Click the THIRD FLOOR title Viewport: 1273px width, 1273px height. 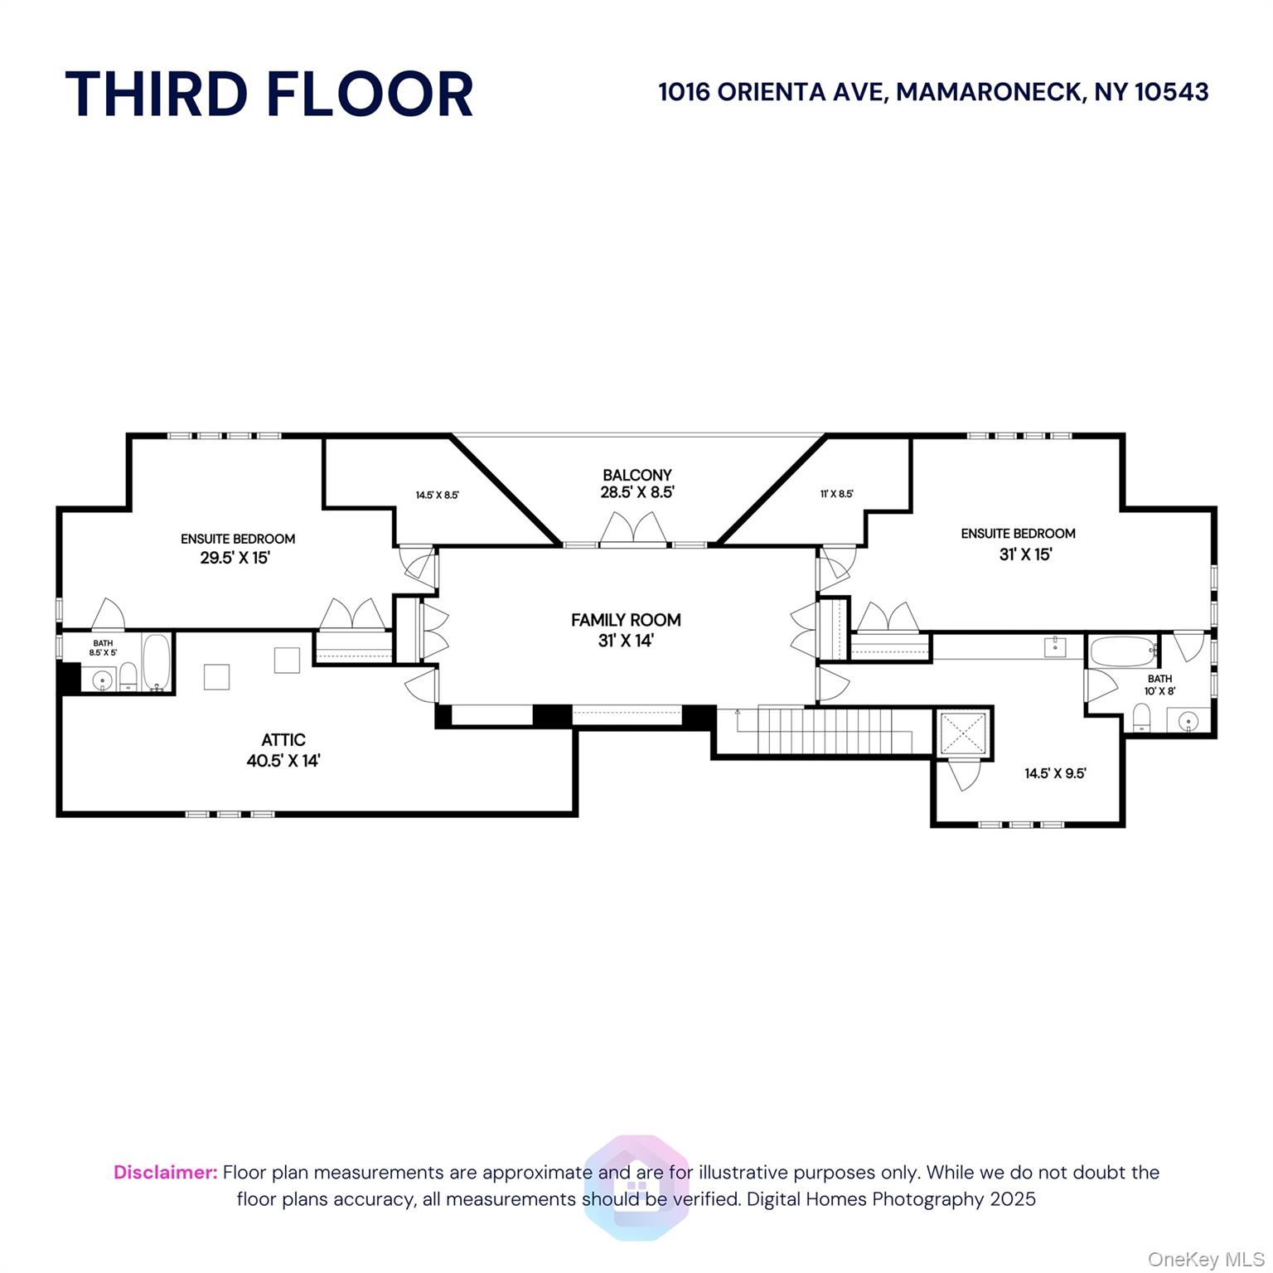click(x=269, y=94)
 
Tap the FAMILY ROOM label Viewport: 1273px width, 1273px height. click(x=626, y=620)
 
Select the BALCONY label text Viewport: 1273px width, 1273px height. click(x=636, y=475)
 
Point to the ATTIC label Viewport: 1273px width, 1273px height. click(x=283, y=740)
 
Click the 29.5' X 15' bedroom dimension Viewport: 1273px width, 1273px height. click(x=235, y=558)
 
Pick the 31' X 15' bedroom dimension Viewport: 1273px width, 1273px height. click(x=1025, y=554)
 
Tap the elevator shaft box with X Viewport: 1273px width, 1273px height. click(x=964, y=733)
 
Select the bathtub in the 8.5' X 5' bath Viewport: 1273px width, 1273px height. click(x=157, y=662)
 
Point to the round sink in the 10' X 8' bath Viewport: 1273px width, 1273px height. click(x=1189, y=722)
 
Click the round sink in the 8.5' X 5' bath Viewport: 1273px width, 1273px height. click(x=103, y=680)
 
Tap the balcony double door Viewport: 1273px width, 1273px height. click(x=634, y=530)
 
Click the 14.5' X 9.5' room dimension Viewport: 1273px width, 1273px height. click(x=1055, y=774)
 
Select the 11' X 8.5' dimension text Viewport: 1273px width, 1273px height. click(x=837, y=494)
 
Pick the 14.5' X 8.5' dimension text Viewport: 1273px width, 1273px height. click(x=438, y=496)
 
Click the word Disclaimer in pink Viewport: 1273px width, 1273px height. click(x=166, y=1173)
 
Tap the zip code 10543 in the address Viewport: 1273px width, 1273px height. click(x=1171, y=92)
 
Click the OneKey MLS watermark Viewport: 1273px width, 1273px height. click(x=1206, y=1260)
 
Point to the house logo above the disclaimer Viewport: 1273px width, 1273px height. click(x=636, y=1188)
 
